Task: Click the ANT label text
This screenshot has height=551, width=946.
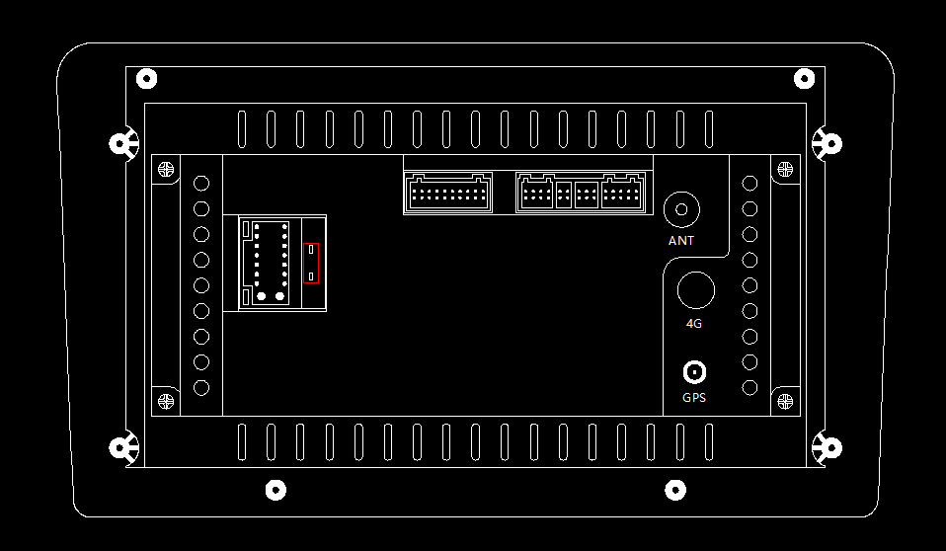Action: pos(681,240)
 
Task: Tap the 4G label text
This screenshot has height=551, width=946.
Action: pos(694,323)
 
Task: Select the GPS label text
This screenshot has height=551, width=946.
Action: pos(694,398)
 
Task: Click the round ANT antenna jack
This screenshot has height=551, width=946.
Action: pos(681,209)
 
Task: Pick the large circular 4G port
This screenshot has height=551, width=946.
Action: pos(695,290)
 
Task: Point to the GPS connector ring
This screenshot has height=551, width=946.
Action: pos(695,372)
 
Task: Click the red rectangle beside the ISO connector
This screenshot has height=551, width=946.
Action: pos(311,263)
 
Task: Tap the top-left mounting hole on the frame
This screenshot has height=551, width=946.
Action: pos(146,78)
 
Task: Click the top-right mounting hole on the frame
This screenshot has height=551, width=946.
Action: pos(804,78)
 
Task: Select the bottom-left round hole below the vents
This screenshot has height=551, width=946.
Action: pos(276,489)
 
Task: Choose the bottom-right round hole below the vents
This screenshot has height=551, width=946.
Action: pos(675,489)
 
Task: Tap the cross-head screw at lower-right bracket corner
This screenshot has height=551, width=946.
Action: pos(785,402)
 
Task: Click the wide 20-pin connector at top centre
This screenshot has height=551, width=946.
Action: pos(448,193)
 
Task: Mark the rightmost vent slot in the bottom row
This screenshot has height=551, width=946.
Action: pos(708,441)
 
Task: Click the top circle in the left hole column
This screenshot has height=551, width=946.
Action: pos(201,183)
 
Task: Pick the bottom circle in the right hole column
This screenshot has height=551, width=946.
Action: pos(749,387)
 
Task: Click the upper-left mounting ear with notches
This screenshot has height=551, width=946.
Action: pos(121,144)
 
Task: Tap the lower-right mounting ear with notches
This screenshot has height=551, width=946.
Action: pos(828,448)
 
